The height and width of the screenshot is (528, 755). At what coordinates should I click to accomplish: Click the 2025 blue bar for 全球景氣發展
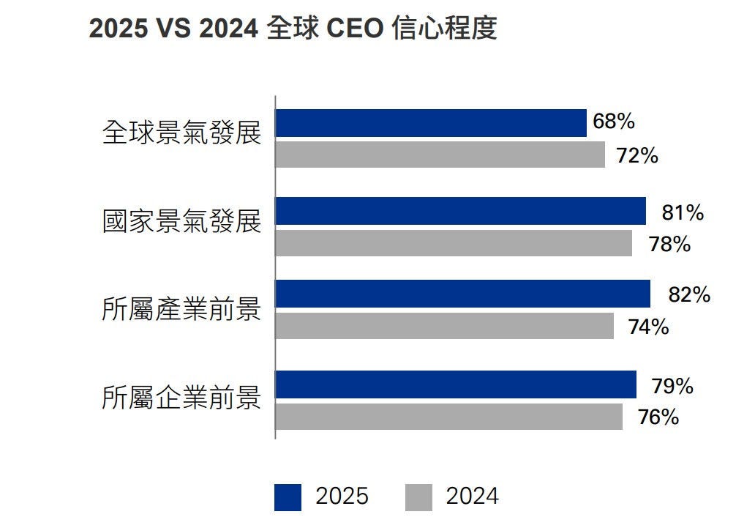coord(431,123)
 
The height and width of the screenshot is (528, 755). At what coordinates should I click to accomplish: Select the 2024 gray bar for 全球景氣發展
coord(440,155)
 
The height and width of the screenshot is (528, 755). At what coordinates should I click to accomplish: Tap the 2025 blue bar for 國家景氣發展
coord(460,211)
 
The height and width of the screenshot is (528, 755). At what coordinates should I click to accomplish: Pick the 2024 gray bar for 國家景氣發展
coord(454,243)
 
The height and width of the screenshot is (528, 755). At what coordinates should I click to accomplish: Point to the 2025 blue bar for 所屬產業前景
coord(462,294)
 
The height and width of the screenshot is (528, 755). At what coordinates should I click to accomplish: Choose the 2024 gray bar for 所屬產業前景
coord(444,326)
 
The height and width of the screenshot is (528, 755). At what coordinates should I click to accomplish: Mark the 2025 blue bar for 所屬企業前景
coord(456,384)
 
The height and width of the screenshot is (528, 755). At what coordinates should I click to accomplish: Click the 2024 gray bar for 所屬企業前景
coord(448,417)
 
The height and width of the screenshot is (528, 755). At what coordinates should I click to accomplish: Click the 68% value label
coord(613,122)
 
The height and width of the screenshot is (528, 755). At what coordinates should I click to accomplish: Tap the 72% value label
coord(636,156)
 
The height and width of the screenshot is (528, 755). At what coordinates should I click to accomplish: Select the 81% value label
coord(682,213)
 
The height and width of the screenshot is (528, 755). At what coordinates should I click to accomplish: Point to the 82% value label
coord(689,294)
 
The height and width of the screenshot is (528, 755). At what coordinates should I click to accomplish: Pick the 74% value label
coord(648,327)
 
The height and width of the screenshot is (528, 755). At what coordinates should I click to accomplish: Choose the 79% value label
coord(672,386)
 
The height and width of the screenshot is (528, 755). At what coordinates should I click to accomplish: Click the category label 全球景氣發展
coord(181,133)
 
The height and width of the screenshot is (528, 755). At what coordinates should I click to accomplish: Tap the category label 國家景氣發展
coord(181,220)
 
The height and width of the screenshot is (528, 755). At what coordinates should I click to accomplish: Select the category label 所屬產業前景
coord(181,310)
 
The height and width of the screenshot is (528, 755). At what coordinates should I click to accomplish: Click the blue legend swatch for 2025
coord(288,497)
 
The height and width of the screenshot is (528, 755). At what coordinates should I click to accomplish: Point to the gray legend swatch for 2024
coord(418,497)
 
